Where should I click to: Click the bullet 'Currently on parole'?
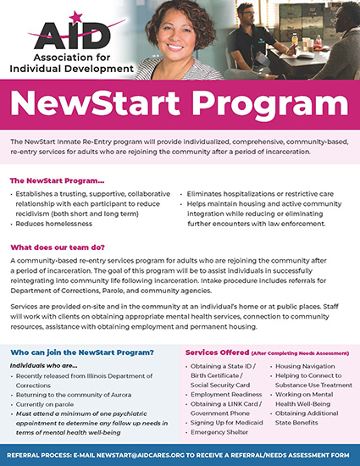[x=51, y=405]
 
